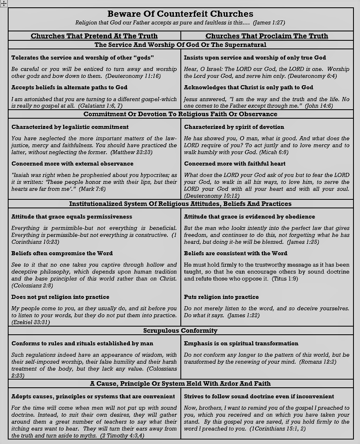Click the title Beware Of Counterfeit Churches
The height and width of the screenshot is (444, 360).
pos(180,14)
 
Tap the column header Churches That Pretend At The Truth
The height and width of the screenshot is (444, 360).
pos(94,36)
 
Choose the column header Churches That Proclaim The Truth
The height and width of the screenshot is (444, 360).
pos(267,36)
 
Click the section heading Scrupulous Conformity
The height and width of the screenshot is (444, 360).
pos(180,331)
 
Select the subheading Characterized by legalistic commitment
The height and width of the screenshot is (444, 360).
pos(70,127)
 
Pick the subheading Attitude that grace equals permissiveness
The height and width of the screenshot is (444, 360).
pos(71,216)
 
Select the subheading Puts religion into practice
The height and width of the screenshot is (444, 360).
pos(221,297)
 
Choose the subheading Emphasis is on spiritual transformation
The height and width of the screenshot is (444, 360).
pos(241,343)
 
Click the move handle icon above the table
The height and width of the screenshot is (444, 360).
pos(4,3)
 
